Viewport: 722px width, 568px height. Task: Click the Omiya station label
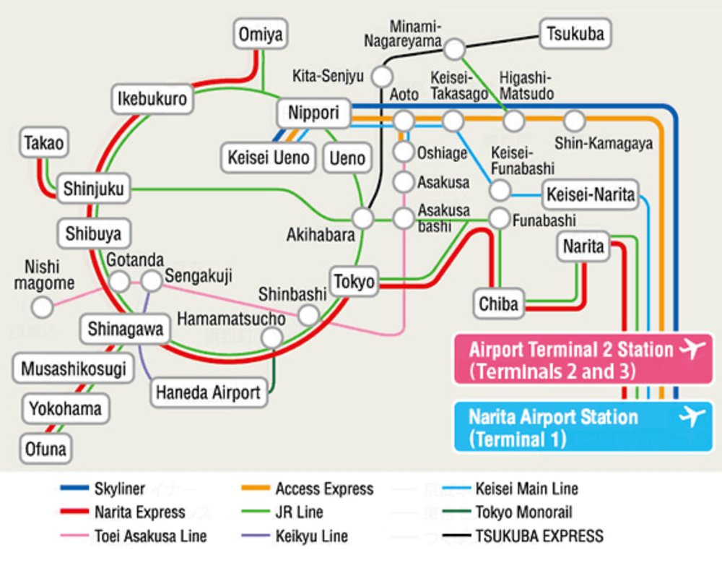click(261, 34)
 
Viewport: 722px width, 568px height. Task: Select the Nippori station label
click(313, 113)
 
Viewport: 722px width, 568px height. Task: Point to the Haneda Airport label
click(208, 392)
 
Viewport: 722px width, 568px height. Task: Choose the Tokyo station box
click(355, 281)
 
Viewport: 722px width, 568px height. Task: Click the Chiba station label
click(498, 304)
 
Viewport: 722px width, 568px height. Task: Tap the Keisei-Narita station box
click(590, 194)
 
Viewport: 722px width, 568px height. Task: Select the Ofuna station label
click(45, 449)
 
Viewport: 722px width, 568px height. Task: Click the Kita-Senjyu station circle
click(382, 76)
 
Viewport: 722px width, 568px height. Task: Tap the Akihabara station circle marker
click(362, 217)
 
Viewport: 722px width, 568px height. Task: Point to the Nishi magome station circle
click(43, 308)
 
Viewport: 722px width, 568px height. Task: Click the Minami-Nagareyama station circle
click(454, 49)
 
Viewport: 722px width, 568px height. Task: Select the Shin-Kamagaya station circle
click(575, 120)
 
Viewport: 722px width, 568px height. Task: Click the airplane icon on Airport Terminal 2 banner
click(691, 350)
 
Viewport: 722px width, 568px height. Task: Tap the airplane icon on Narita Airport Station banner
click(691, 417)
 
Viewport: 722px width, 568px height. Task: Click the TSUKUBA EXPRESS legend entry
click(539, 535)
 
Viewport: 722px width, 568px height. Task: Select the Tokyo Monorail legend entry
click(523, 512)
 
